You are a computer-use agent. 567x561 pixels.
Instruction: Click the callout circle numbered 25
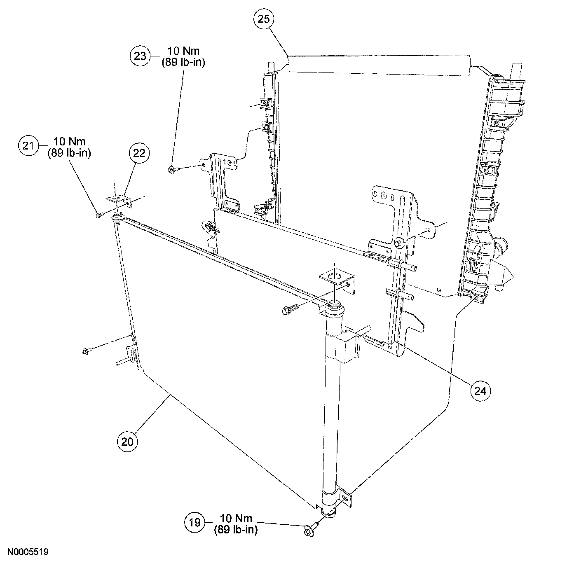coord(264,20)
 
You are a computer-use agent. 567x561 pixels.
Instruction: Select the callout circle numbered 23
coord(141,56)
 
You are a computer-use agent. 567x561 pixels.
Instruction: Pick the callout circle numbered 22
coord(139,153)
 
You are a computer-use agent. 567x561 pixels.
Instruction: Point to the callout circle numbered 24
coord(480,390)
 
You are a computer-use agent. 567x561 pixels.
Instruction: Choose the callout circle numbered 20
coord(128,442)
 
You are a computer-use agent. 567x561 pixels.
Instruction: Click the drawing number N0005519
coord(28,551)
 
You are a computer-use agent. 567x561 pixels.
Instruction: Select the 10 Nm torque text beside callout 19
coord(236,518)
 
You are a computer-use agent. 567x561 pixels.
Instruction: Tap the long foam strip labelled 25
coord(379,65)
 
